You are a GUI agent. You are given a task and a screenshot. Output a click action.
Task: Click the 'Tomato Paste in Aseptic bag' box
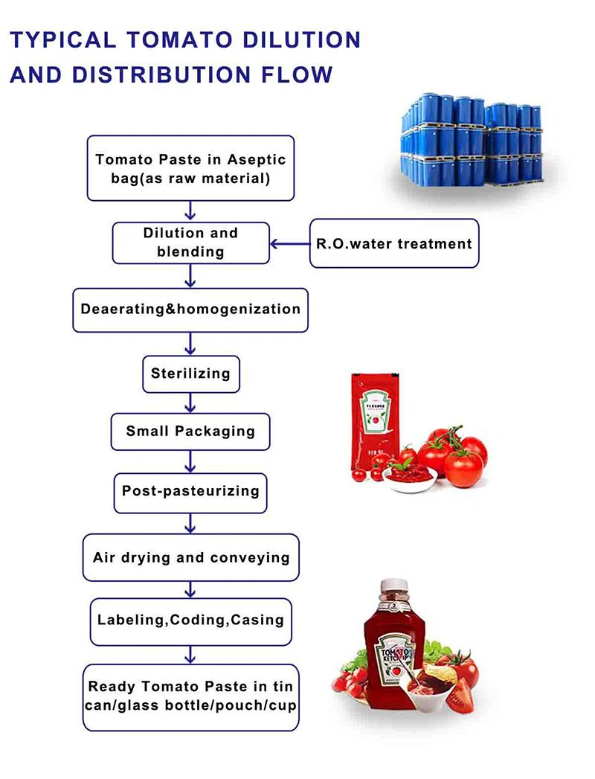coord(190,169)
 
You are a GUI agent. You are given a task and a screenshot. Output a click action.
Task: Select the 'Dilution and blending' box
coord(190,242)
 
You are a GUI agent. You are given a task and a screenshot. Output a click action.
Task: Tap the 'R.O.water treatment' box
coord(394,243)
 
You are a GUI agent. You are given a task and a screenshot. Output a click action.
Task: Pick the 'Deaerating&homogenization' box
coord(190,310)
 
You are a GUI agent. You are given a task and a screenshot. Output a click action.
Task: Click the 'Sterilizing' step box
coord(191,373)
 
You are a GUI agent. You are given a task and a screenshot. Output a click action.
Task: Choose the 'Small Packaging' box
coord(190,431)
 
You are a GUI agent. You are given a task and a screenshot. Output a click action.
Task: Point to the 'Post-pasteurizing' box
coord(190,491)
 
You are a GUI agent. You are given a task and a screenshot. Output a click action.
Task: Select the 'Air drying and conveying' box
coord(190,557)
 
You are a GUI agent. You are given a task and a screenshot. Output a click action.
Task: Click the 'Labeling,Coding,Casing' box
coord(190,620)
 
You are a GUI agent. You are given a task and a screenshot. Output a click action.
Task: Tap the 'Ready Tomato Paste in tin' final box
coord(190,696)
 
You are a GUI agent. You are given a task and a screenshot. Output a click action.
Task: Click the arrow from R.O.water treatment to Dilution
coord(289,243)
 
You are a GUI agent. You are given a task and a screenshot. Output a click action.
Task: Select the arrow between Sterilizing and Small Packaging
coord(190,403)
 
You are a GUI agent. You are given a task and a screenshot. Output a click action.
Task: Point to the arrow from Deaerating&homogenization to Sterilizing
coord(190,343)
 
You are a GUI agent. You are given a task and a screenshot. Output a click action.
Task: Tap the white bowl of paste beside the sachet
coord(409,475)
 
